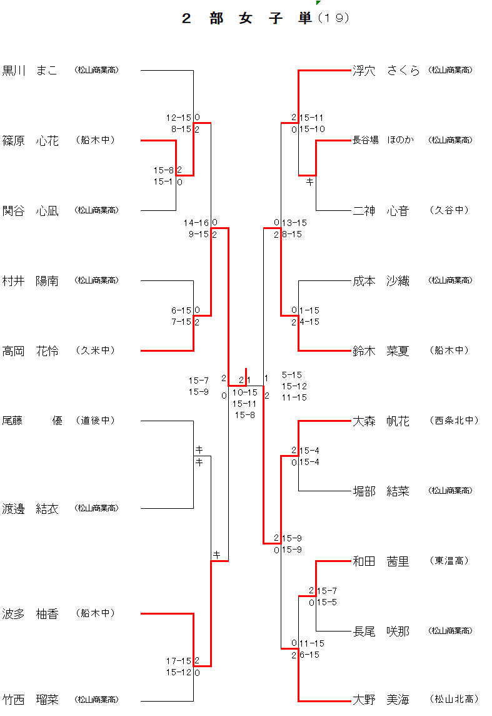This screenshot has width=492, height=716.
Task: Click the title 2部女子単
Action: (x=246, y=18)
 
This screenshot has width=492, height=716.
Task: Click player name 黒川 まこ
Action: (x=30, y=70)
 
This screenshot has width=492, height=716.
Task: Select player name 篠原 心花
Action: (x=30, y=141)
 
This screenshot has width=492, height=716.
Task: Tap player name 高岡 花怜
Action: (x=30, y=350)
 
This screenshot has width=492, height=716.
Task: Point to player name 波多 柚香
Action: (x=30, y=613)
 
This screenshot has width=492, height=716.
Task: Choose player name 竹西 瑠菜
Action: (x=30, y=699)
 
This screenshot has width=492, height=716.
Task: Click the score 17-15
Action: (x=179, y=661)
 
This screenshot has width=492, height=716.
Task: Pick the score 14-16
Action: (x=196, y=223)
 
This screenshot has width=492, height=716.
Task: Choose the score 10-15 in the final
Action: (x=244, y=392)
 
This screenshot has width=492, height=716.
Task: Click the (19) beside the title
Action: (x=334, y=18)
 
